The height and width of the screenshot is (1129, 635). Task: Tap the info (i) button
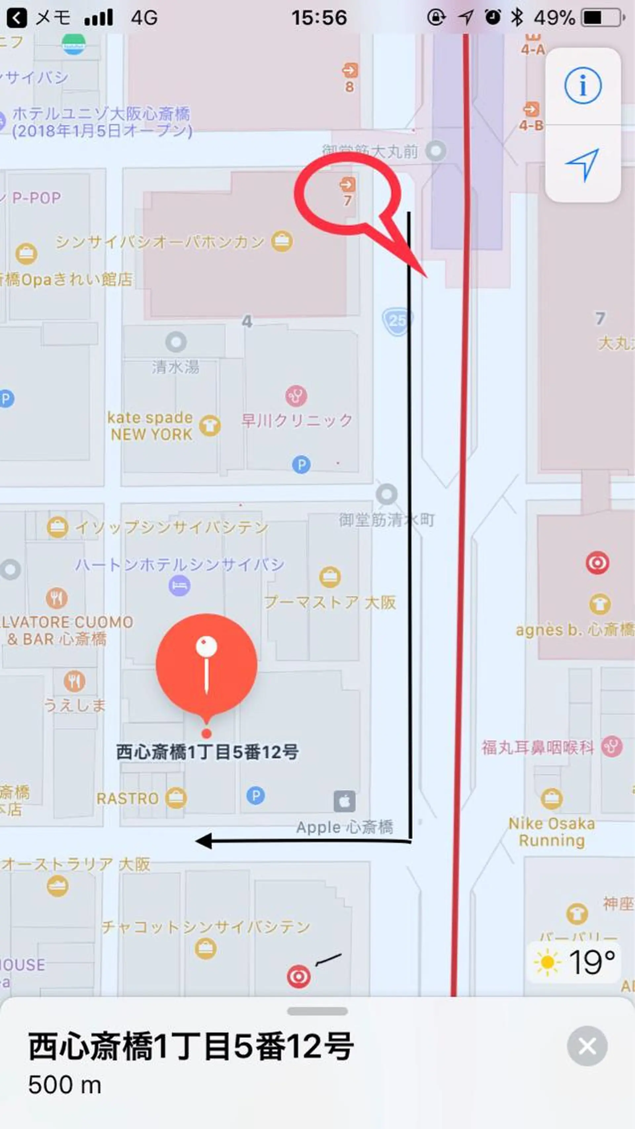[x=582, y=85]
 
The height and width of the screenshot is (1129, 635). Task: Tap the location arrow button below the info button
[x=582, y=164]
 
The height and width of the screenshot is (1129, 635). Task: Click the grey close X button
[x=587, y=1047]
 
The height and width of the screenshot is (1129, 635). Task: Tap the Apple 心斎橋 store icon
[x=344, y=802]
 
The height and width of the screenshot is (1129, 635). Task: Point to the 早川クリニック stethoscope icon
[x=296, y=396]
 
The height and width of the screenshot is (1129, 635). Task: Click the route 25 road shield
[x=397, y=321]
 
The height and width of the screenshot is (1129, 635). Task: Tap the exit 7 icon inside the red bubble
[x=348, y=184]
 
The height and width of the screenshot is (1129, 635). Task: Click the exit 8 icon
[x=350, y=70]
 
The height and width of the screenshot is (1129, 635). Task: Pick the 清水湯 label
[x=176, y=367]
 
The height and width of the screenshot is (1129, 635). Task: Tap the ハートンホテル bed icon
[x=179, y=585]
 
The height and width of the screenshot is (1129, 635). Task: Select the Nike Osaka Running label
[x=552, y=832]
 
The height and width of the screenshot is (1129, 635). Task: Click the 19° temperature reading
[x=592, y=963]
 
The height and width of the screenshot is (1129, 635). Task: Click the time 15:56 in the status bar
[x=319, y=18]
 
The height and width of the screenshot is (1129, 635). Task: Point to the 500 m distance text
[x=65, y=1085]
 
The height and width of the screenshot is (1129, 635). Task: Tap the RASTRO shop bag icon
[x=176, y=798]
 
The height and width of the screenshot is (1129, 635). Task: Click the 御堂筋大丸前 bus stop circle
[x=436, y=151]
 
